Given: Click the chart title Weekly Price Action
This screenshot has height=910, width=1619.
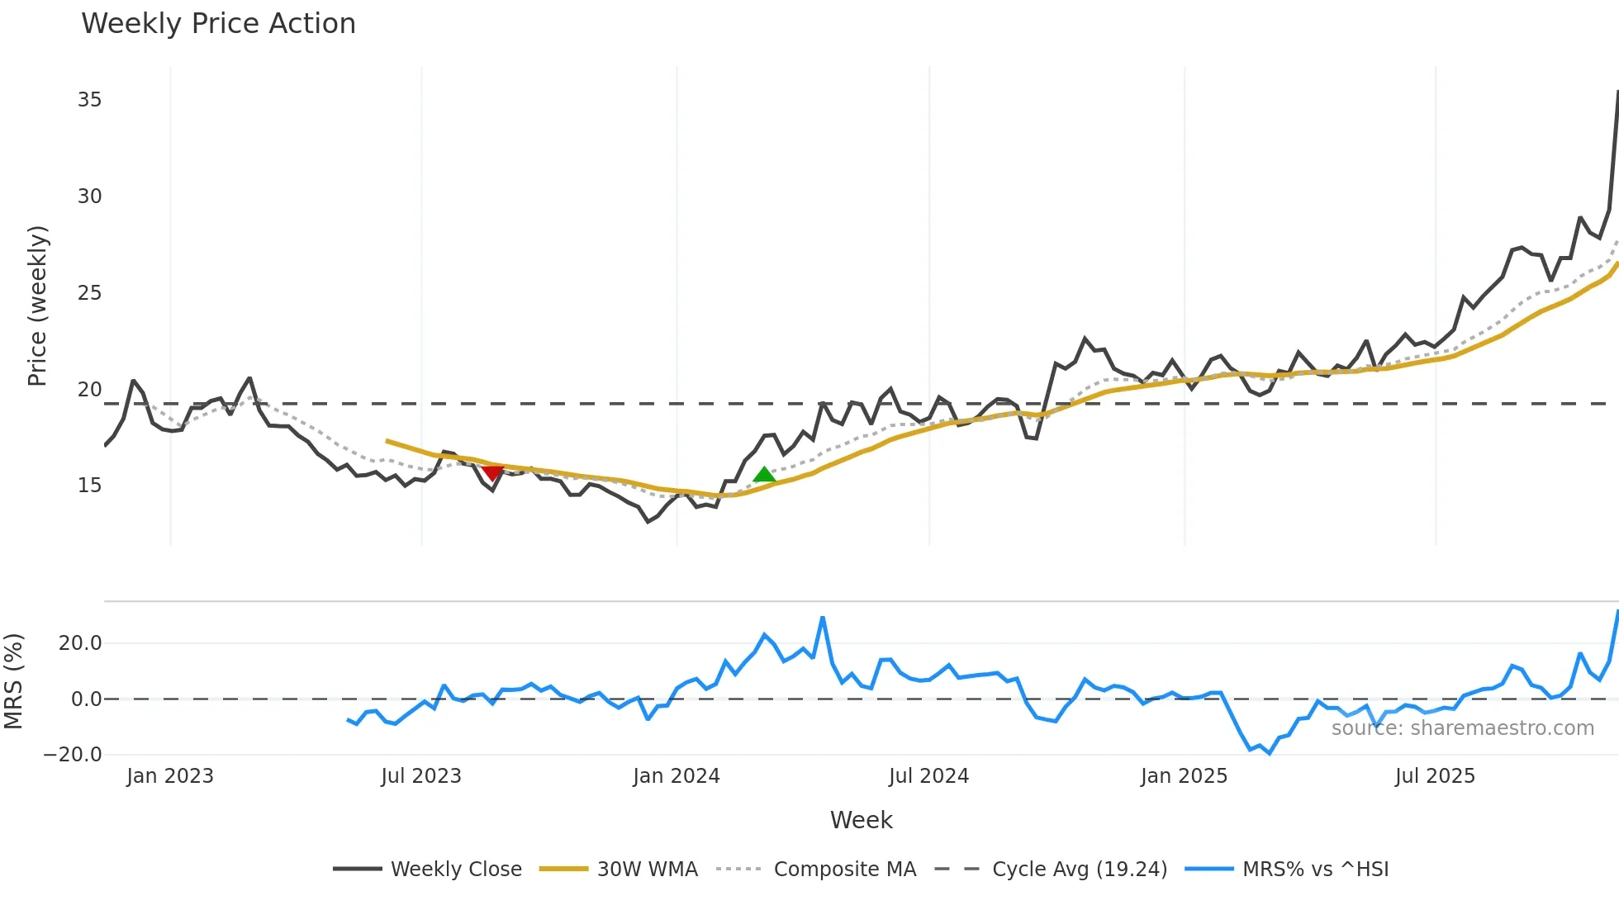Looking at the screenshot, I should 218,23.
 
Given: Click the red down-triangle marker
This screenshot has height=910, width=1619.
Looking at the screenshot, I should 492,472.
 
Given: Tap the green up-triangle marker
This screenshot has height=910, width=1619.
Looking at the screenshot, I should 764,475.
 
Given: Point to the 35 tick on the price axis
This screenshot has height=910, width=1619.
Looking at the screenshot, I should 89,100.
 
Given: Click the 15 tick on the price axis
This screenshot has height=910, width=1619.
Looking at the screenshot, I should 89,486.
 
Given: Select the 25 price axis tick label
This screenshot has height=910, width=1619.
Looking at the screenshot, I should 89,293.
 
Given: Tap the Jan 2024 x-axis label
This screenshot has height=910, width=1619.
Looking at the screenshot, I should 677,776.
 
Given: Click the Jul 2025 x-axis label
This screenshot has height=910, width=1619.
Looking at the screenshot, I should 1435,776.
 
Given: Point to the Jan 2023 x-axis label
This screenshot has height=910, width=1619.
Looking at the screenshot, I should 170,776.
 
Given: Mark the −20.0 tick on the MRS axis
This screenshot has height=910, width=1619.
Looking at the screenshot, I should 73,754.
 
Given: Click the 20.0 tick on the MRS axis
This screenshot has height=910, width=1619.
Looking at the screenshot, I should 80,643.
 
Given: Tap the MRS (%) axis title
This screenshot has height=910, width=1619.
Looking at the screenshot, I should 13,681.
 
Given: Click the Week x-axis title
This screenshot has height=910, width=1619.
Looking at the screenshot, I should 861,820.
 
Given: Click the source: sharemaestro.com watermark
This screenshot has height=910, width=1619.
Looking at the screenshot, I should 1462,728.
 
